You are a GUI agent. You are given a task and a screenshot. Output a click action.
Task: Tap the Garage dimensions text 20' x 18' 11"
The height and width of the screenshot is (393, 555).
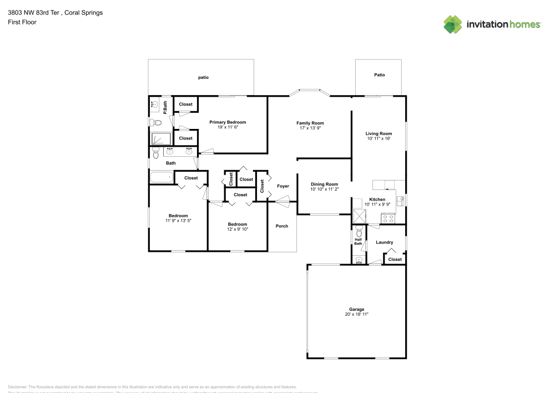click(356, 314)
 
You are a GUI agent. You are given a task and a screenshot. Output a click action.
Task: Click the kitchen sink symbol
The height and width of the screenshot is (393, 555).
click(400, 200)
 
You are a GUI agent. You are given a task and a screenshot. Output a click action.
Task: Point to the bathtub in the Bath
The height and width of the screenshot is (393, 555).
click(162, 178)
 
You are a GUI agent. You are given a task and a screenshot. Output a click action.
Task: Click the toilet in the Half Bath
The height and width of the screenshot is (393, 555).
click(359, 232)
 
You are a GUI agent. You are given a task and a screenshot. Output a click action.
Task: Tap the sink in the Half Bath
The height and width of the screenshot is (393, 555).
click(359, 259)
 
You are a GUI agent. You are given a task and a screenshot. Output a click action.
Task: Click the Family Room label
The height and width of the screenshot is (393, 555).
click(310, 123)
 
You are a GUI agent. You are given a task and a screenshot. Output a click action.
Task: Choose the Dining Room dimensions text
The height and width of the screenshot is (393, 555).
click(324, 189)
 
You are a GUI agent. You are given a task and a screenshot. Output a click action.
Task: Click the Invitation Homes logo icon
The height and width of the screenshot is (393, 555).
click(453, 24)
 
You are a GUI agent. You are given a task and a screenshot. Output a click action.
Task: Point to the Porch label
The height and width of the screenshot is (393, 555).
click(282, 226)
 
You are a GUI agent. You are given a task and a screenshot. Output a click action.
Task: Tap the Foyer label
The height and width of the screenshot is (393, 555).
click(283, 186)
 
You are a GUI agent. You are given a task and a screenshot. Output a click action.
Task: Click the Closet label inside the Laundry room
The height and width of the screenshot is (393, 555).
click(395, 259)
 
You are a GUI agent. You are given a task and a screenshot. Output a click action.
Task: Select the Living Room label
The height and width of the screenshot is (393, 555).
click(379, 133)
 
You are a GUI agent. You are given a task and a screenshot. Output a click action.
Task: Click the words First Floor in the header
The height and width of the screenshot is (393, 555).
click(22, 22)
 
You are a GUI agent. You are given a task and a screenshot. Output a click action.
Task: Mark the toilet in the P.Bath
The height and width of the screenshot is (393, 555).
click(155, 122)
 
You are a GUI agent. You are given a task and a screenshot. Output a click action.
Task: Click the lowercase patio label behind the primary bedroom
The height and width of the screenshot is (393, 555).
click(203, 77)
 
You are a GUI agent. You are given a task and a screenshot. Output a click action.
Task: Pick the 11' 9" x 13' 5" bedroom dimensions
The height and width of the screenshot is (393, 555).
click(178, 221)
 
